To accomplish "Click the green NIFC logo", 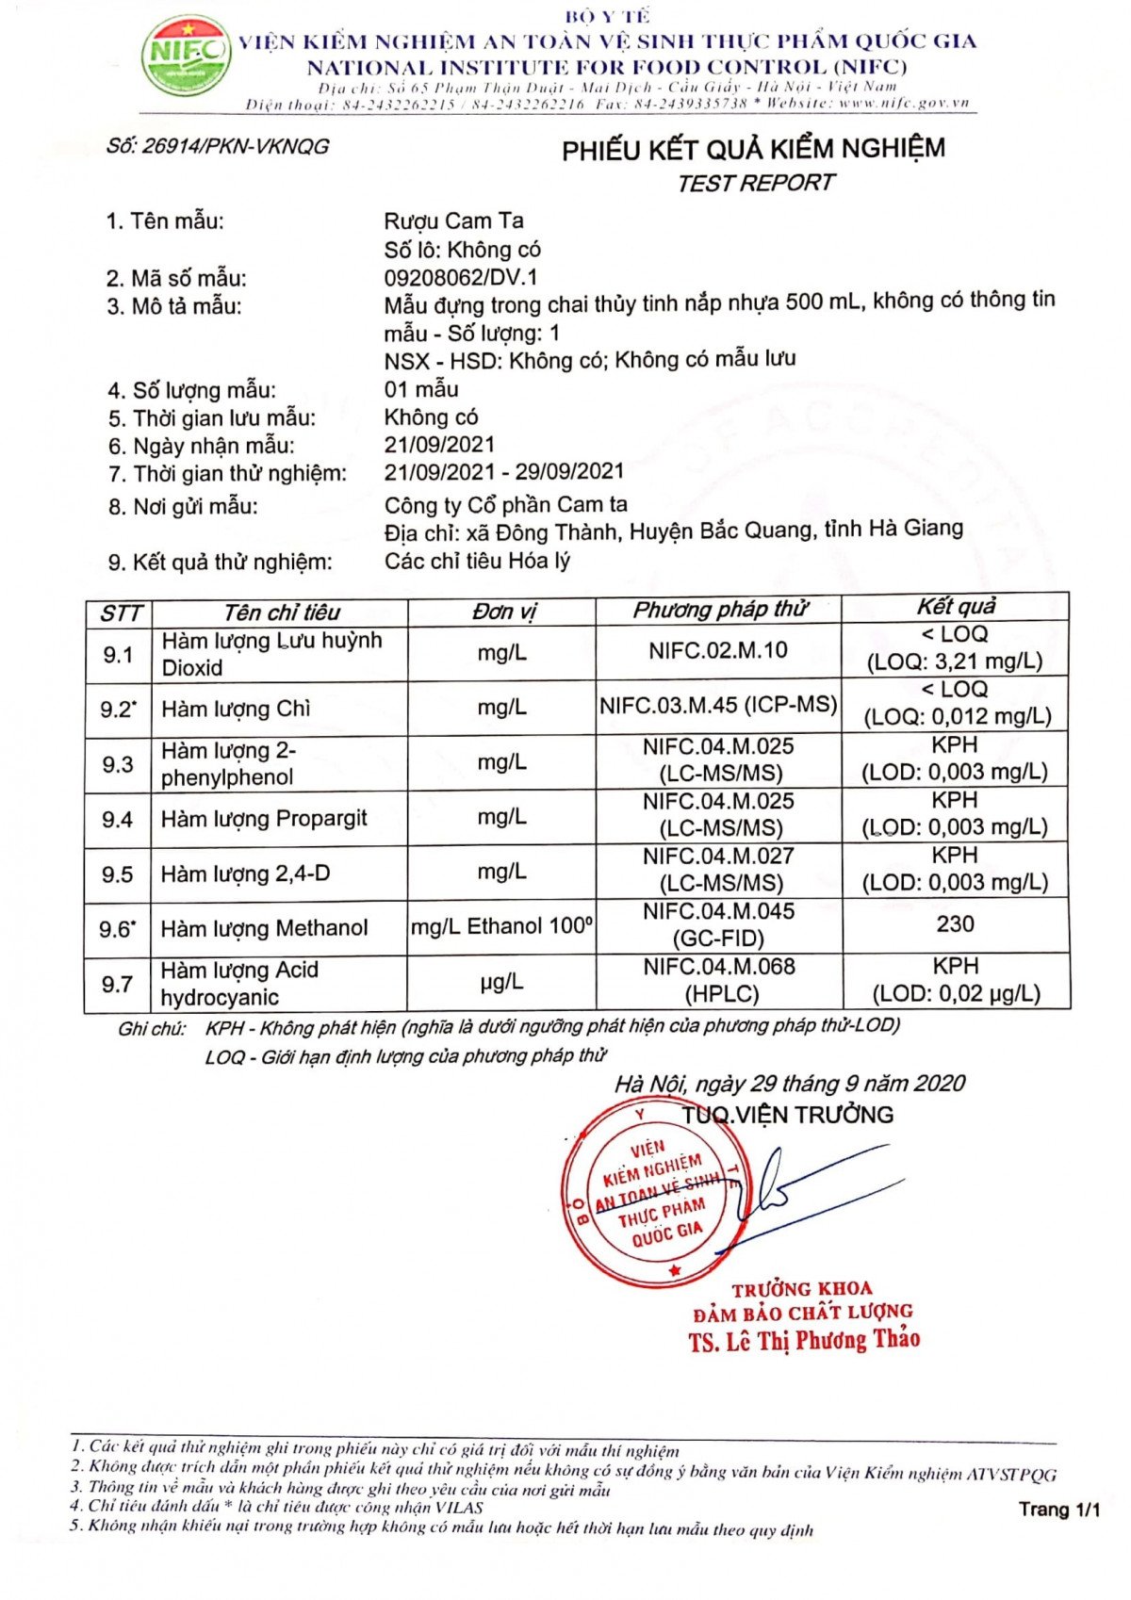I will point(185,55).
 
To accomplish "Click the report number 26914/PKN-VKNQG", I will point(218,147).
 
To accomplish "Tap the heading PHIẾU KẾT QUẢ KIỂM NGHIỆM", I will point(753,150).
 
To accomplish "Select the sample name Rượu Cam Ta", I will point(453,221).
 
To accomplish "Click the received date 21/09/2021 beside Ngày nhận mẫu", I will point(439,445).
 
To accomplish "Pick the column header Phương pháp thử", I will point(719,611).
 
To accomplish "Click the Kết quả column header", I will point(956,607).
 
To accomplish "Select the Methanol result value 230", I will point(955,924).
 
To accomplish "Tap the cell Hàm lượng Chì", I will point(236,710).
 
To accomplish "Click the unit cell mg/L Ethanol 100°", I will point(501,927).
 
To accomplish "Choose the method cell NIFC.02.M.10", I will point(718,650).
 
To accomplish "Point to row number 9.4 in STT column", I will point(118,819).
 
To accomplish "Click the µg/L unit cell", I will point(501,983).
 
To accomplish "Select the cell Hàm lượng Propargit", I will point(264,819).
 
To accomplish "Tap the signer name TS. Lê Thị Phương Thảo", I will point(804,1340).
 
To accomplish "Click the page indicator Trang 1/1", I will point(1059,1510).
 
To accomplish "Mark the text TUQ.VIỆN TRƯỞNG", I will point(788,1116).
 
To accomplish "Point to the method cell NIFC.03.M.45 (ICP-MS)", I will point(718,704).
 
